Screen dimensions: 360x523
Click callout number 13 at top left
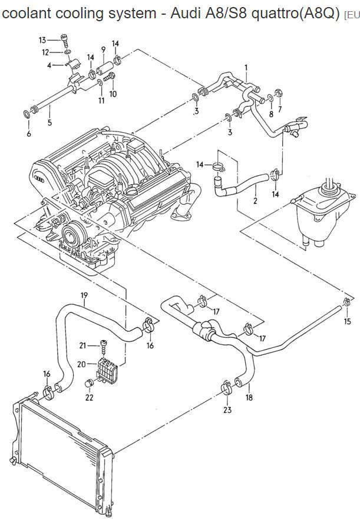pyautogui.click(x=42, y=40)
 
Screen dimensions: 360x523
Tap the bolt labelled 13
pyautogui.click(x=64, y=41)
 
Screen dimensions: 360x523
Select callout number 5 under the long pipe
pyautogui.click(x=49, y=123)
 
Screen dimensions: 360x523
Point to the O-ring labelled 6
pyautogui.click(x=27, y=114)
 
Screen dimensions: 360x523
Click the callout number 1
pyautogui.click(x=246, y=68)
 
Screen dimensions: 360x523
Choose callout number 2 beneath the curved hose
pyautogui.click(x=255, y=200)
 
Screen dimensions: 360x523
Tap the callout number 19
pyautogui.click(x=84, y=295)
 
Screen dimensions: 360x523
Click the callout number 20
pyautogui.click(x=81, y=364)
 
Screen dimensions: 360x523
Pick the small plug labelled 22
pyautogui.click(x=88, y=383)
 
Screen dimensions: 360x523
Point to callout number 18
pyautogui.click(x=249, y=397)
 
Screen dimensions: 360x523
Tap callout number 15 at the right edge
pyautogui.click(x=348, y=321)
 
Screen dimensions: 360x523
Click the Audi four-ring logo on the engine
pyautogui.click(x=39, y=179)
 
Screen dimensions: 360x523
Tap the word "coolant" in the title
pyautogui.click(x=27, y=14)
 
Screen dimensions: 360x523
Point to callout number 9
pyautogui.click(x=103, y=50)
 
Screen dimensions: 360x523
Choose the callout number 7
pyautogui.click(x=280, y=109)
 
